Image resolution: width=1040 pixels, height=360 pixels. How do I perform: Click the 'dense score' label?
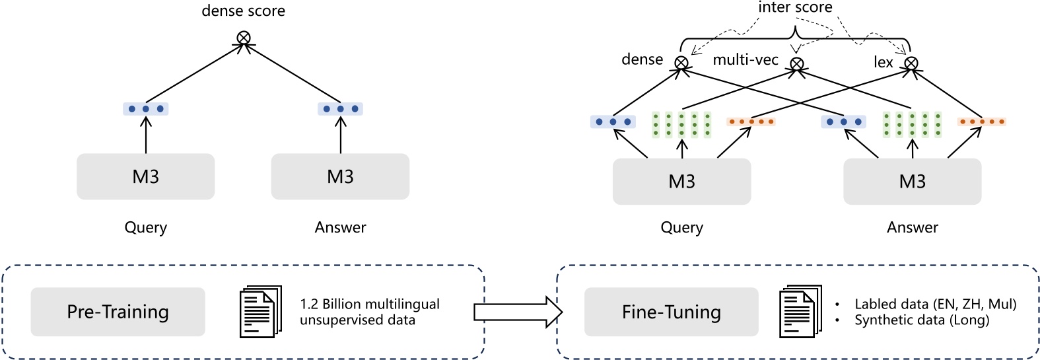click(243, 11)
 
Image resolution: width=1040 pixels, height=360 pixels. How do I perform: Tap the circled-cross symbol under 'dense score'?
click(244, 38)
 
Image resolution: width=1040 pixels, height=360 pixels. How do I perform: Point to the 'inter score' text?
click(794, 7)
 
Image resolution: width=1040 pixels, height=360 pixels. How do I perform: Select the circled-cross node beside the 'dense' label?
click(681, 63)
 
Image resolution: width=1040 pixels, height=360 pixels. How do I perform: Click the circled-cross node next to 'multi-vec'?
click(797, 64)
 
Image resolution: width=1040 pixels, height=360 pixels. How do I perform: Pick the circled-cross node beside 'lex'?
click(911, 63)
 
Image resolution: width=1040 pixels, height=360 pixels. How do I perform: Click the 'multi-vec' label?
click(745, 60)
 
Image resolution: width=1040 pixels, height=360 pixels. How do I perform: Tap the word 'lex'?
click(883, 62)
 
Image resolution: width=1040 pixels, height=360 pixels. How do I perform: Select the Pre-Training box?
click(118, 312)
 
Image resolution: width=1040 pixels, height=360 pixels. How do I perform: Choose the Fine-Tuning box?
click(671, 312)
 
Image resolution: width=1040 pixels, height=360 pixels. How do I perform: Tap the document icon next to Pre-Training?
click(260, 312)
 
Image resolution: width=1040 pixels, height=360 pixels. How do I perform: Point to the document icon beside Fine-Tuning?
click(800, 312)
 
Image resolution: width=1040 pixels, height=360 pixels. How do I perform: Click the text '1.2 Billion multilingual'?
click(369, 304)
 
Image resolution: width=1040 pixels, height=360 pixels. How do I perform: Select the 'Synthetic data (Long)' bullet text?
click(921, 320)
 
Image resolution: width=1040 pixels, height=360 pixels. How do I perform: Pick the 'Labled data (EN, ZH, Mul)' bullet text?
click(935, 304)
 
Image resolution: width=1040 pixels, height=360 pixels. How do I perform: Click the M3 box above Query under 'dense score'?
click(145, 176)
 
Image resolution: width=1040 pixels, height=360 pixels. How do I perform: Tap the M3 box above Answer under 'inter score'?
click(912, 181)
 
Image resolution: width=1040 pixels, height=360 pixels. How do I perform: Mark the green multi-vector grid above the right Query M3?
click(681, 124)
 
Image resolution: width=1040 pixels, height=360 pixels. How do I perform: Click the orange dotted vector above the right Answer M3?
click(981, 122)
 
